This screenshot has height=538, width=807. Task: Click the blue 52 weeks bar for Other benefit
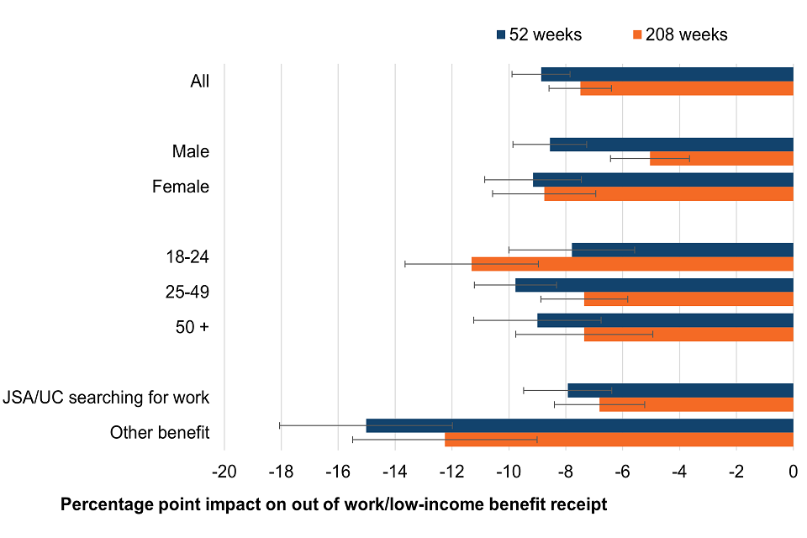(580, 425)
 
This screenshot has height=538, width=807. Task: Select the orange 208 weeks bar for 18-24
(632, 264)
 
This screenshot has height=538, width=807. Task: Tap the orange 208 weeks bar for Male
(721, 158)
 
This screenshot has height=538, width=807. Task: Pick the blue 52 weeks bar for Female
(663, 179)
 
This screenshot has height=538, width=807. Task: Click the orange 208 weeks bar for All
(687, 88)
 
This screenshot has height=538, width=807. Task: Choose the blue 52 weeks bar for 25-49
(654, 285)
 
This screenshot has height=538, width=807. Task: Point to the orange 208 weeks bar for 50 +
(688, 335)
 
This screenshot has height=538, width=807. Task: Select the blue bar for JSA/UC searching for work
(680, 390)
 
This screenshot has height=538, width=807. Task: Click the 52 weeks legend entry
(539, 34)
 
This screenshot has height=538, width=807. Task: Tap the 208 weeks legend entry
(679, 34)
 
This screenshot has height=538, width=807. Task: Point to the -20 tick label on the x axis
(224, 471)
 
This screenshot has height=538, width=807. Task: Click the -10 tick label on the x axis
(508, 471)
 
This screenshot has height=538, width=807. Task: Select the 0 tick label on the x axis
(793, 471)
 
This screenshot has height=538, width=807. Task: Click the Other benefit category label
(160, 433)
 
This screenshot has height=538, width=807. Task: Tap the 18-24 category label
(187, 257)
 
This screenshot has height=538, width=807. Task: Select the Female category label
(181, 187)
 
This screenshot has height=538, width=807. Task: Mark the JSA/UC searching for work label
(107, 398)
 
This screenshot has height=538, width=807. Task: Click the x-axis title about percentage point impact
(333, 505)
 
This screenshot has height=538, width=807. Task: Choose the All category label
(199, 82)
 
